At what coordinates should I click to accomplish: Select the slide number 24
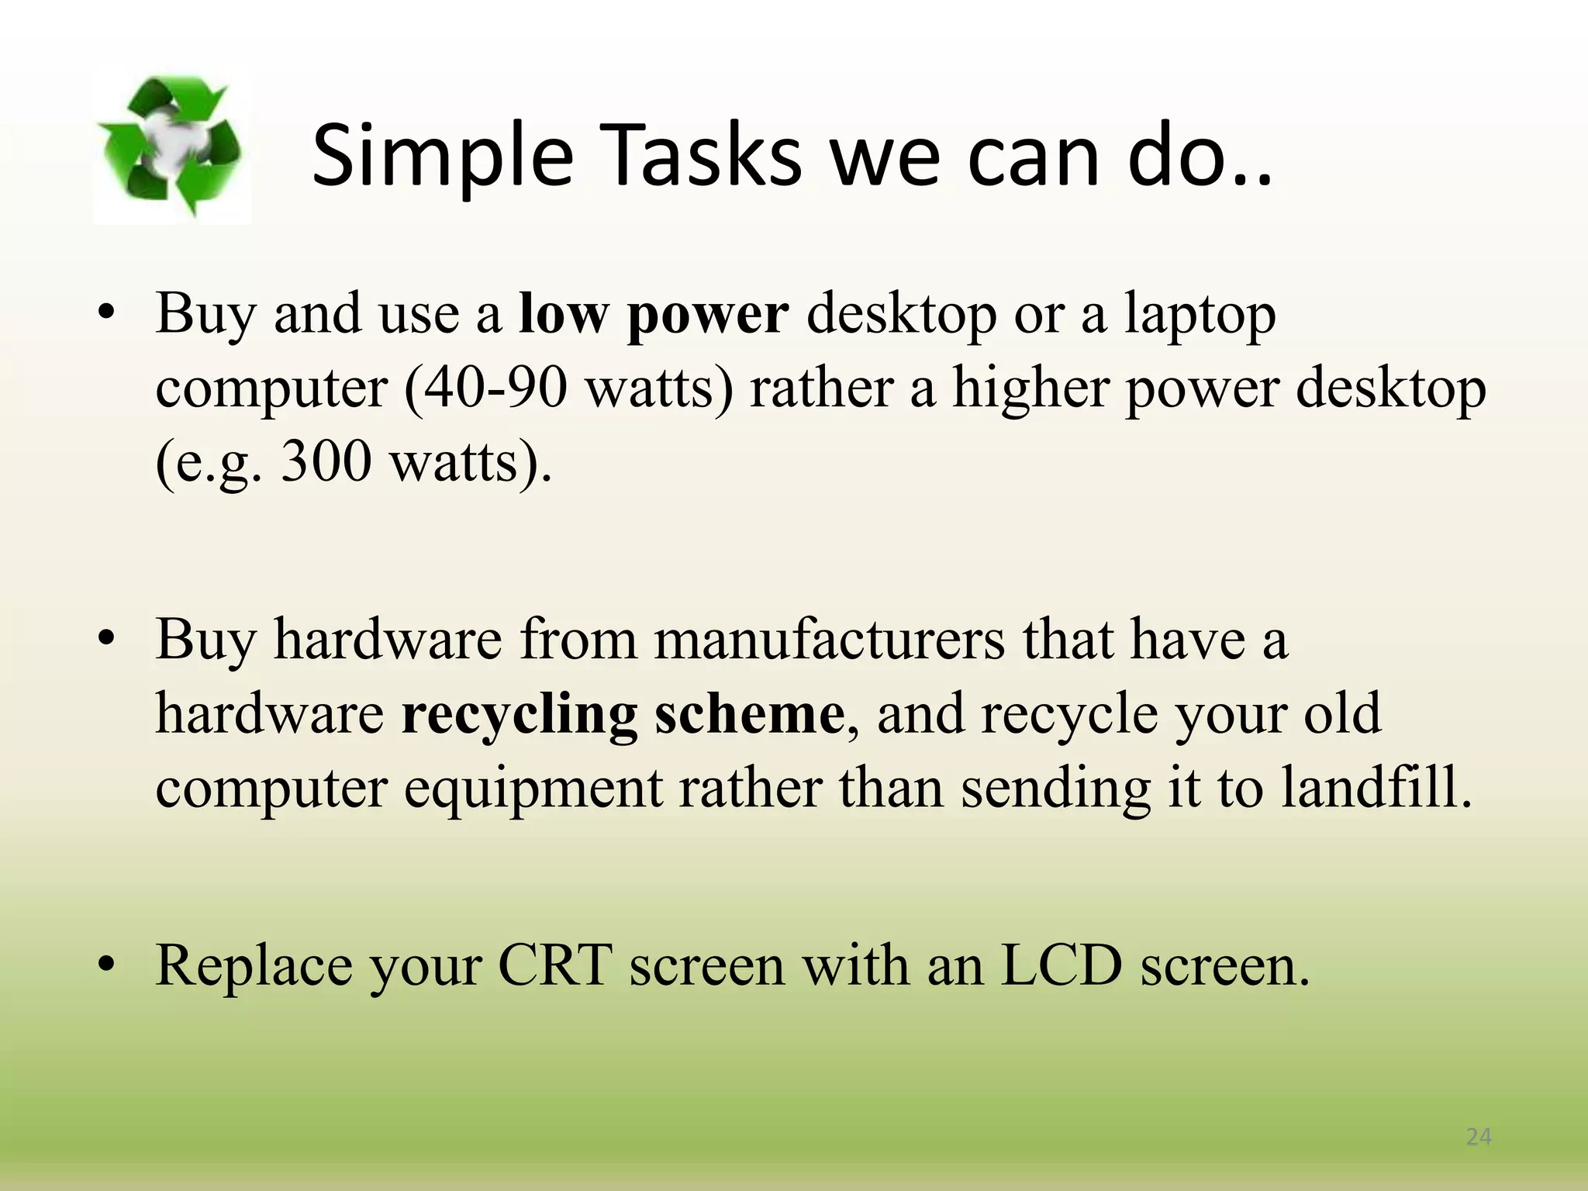click(1479, 1137)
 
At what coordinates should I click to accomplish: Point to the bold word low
click(563, 315)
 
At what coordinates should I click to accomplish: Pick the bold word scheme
click(749, 713)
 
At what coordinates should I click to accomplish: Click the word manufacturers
click(829, 640)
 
